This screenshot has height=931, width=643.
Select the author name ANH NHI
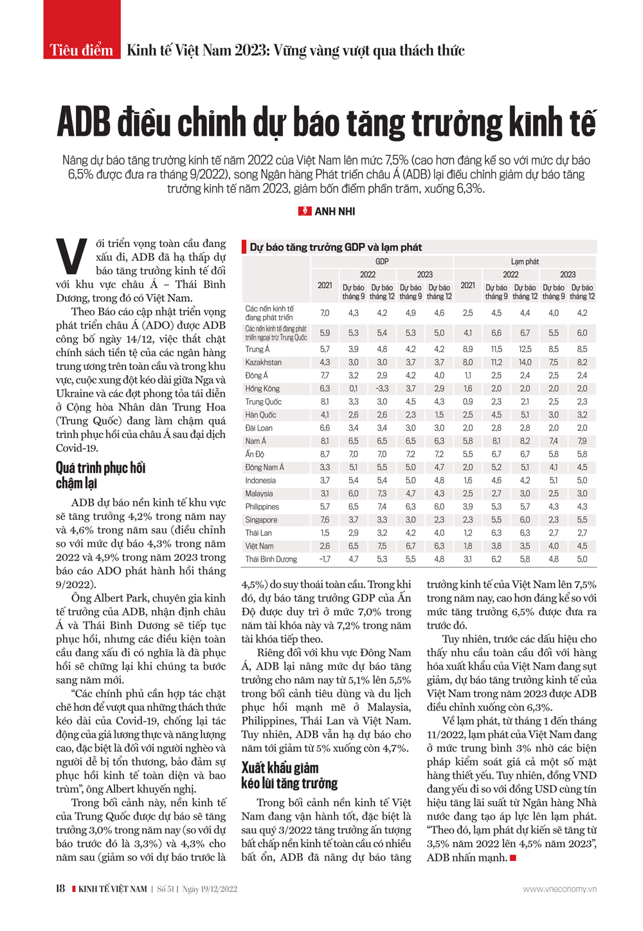pos(334,211)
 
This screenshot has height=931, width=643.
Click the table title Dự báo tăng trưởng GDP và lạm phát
pos(336,247)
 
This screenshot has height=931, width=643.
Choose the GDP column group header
pos(382,261)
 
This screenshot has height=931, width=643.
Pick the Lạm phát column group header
pos(525,261)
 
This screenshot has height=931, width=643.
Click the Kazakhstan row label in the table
pos(263,362)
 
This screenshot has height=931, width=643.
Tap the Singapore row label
pos(261,520)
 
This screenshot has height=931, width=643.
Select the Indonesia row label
pos(260,481)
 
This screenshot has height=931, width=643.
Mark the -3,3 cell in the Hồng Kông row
pos(382,389)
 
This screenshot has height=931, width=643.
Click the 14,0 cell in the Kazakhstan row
pos(525,362)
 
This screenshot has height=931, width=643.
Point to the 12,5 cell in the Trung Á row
pos(525,349)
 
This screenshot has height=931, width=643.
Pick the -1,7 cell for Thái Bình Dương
pos(325,559)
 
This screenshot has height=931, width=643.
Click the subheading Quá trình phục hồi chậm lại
pos(100,475)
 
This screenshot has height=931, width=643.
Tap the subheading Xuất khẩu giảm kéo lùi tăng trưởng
pos(289,775)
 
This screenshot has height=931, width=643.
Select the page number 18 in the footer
pos(60,889)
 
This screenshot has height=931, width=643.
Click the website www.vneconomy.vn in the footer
pos(559,889)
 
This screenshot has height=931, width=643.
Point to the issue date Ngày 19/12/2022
pos(210,889)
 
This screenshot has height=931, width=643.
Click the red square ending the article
pos(513,858)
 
